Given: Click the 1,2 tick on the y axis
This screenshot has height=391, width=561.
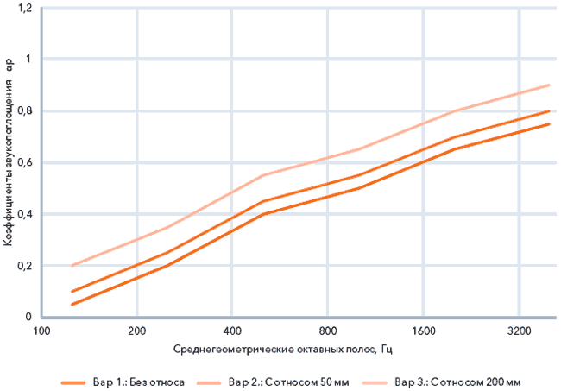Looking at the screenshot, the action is click(x=24, y=8).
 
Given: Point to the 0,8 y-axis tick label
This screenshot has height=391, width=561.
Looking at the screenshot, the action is click(x=24, y=110).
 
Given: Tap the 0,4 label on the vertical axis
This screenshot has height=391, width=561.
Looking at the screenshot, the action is click(x=24, y=214).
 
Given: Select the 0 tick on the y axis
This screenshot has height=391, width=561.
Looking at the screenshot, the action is click(x=28, y=317).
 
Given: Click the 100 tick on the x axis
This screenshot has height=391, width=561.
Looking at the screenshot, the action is click(x=41, y=331).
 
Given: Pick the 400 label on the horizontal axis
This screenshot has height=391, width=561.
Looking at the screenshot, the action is click(x=232, y=331).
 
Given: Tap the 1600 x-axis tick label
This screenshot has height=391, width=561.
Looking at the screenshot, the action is click(x=423, y=331).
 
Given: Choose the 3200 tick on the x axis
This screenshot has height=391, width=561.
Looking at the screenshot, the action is click(x=519, y=331).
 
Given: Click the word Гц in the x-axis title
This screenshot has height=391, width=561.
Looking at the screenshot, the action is click(x=387, y=350).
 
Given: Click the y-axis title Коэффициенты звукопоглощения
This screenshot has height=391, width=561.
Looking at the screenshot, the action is click(x=9, y=163).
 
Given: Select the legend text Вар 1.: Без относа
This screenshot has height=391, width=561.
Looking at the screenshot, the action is click(x=139, y=382).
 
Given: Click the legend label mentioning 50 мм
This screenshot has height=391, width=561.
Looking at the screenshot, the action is click(x=289, y=382).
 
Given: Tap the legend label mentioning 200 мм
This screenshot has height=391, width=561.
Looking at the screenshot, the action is click(x=457, y=382).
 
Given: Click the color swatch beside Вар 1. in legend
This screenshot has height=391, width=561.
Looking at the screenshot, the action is click(x=73, y=382).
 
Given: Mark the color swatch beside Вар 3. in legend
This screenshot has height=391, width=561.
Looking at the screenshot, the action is click(x=375, y=382).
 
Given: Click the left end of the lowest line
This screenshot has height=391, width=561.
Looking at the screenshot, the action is click(x=72, y=305).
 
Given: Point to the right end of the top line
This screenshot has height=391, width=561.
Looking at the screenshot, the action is click(x=549, y=85).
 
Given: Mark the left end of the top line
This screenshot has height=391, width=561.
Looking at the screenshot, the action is click(x=72, y=266).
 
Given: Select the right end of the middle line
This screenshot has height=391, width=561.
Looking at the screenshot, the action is click(x=549, y=110).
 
